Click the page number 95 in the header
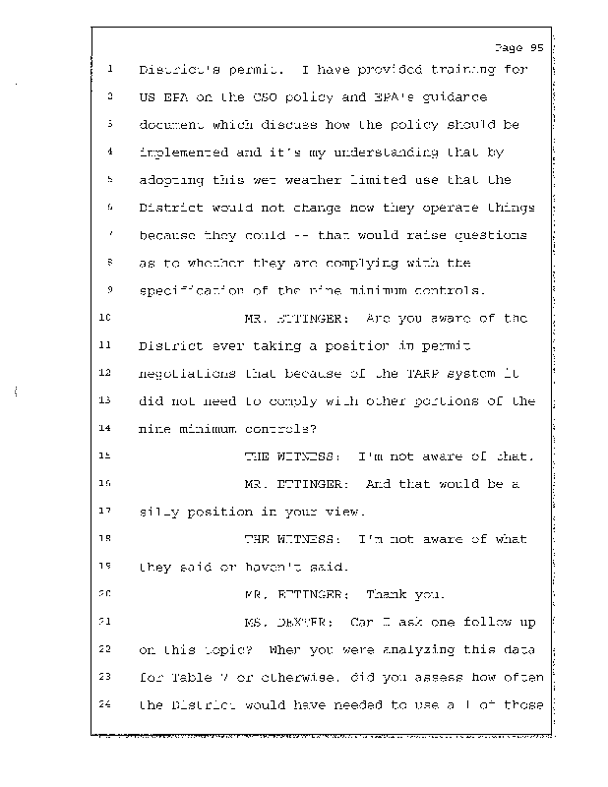pos(535,46)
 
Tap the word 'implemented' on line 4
pos(180,152)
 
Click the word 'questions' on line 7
pos(492,236)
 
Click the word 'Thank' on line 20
pos(386,594)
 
